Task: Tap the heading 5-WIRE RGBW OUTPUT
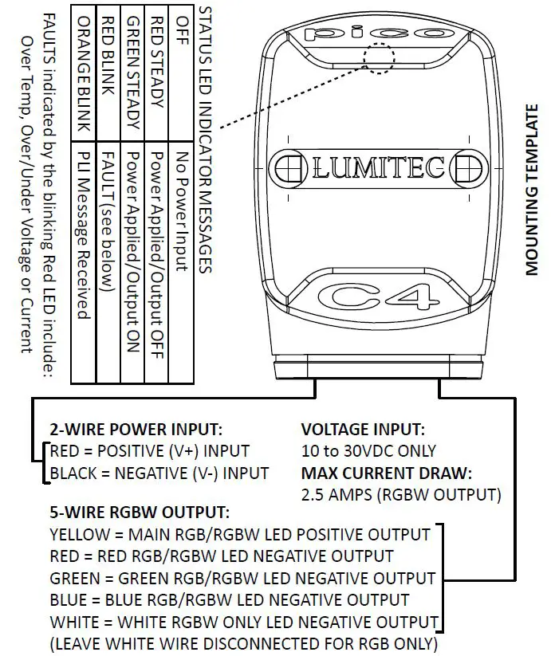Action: coord(139,512)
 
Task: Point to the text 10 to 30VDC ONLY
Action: coord(368,450)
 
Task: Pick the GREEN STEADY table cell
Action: coord(132,73)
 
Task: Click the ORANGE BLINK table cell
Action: coord(83,73)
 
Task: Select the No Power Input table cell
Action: coord(182,211)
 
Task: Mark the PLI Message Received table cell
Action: coord(83,231)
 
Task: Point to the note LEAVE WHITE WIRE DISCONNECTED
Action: coord(244,643)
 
